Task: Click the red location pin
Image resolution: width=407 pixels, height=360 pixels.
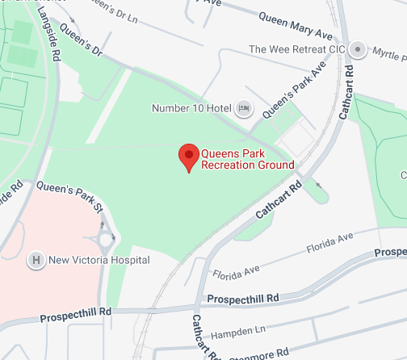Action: [188, 157]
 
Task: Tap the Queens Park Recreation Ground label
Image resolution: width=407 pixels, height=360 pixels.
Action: [247, 158]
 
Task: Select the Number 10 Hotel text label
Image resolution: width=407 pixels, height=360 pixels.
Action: [191, 108]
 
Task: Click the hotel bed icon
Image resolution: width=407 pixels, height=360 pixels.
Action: [243, 108]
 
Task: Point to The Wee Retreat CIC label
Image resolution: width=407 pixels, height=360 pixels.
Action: [296, 49]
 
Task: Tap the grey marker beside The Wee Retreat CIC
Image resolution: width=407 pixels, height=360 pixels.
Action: [359, 48]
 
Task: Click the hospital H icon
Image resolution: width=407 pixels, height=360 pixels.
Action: [36, 260]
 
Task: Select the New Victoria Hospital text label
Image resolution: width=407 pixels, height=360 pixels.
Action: [99, 260]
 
